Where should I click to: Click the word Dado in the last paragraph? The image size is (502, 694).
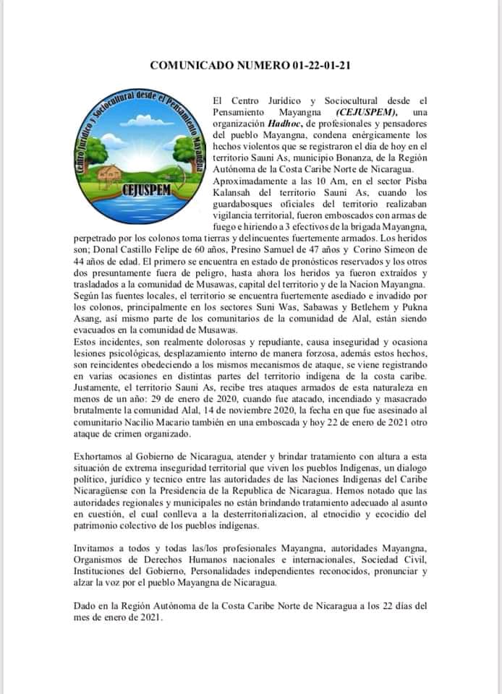click(x=85, y=606)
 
